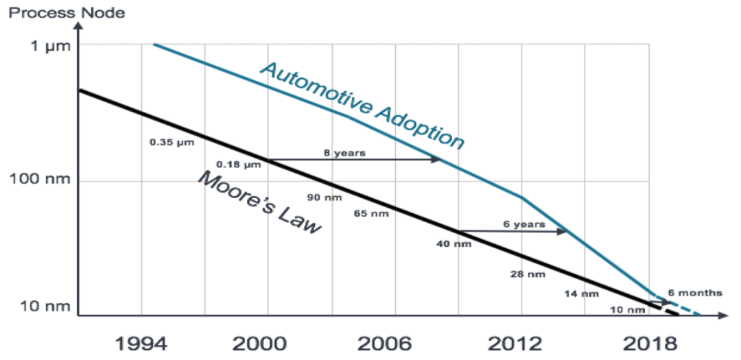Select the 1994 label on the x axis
(141, 342)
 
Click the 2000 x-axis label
(268, 342)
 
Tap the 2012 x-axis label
(521, 342)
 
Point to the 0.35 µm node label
(172, 143)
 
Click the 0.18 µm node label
(239, 165)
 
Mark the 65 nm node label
(371, 213)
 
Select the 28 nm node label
(528, 274)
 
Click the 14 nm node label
(582, 293)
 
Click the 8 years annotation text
(345, 153)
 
